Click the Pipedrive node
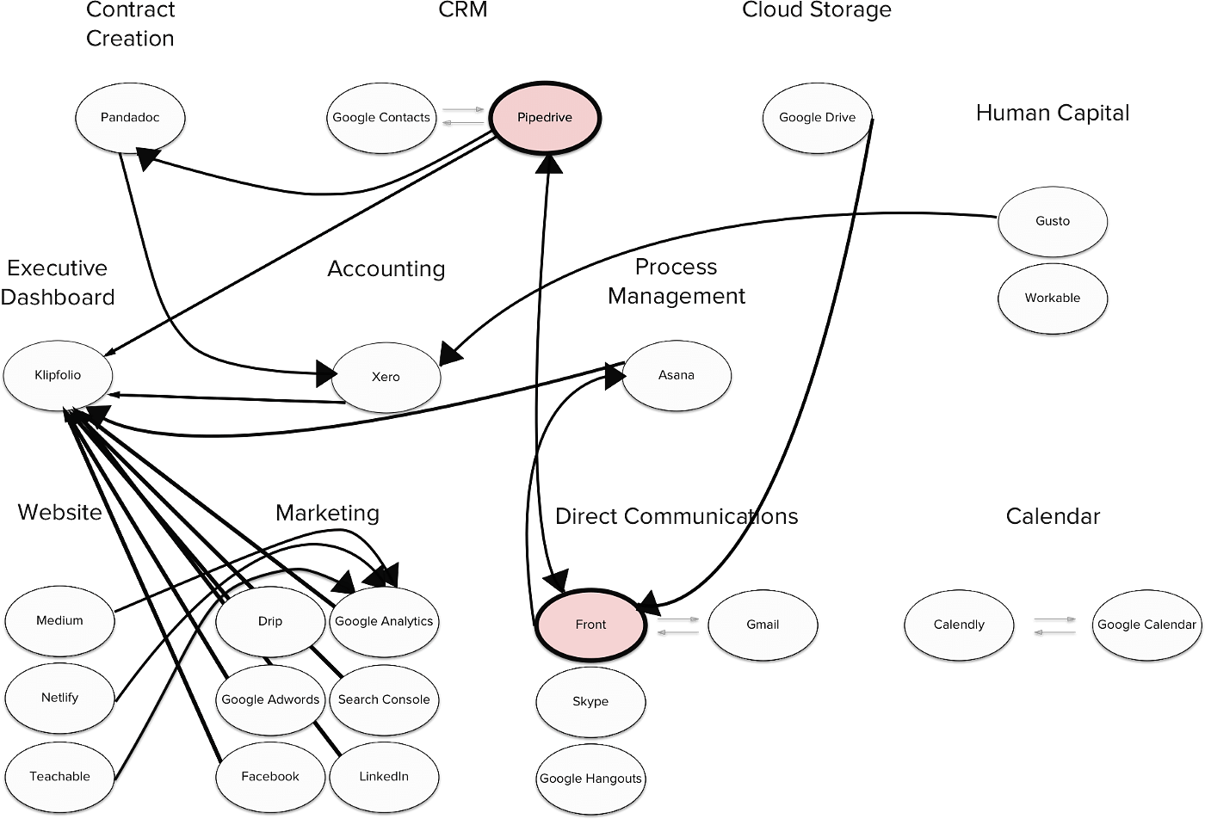click(544, 118)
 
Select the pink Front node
click(590, 625)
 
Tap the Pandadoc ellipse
click(130, 118)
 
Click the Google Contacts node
click(381, 118)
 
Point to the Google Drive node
click(817, 118)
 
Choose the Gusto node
click(1053, 222)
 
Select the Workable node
click(1053, 299)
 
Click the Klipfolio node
click(59, 375)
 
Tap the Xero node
click(386, 378)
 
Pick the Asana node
click(677, 375)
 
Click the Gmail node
click(763, 625)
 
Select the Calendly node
click(959, 625)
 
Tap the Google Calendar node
click(1146, 625)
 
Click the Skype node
click(590, 702)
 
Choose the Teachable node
click(59, 777)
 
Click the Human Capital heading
click(1053, 113)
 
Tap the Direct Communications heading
click(677, 516)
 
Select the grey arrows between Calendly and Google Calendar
click(1055, 626)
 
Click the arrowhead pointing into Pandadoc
click(147, 158)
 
